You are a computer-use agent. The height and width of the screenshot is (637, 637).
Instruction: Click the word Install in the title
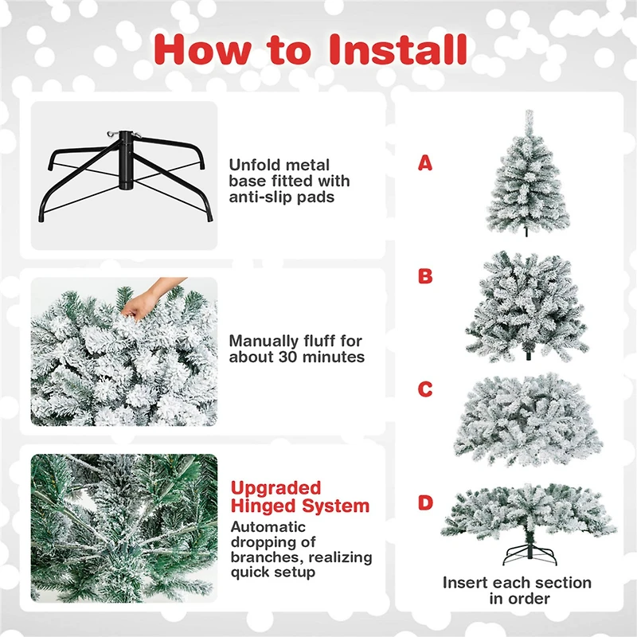click(x=397, y=49)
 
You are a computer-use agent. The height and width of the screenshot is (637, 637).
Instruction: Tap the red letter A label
click(x=425, y=164)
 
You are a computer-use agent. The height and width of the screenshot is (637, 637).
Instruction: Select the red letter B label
click(x=425, y=276)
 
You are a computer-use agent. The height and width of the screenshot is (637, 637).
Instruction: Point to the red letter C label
click(x=425, y=389)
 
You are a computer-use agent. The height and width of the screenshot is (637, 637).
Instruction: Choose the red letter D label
click(x=425, y=502)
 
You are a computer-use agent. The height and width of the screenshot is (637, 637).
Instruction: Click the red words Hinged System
click(x=299, y=506)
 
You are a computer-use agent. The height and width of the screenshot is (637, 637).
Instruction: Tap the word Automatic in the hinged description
click(x=268, y=526)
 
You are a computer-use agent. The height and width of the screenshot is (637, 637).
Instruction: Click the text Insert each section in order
click(x=517, y=590)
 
